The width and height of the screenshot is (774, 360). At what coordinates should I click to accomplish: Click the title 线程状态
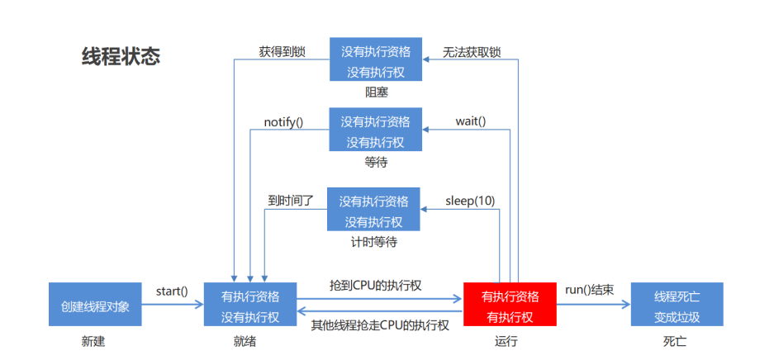tap(121, 57)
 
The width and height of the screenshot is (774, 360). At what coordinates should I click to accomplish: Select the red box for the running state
tap(510, 306)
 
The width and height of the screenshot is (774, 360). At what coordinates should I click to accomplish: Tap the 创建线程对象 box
tap(95, 305)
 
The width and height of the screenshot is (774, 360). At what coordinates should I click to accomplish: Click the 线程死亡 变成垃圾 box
tap(677, 305)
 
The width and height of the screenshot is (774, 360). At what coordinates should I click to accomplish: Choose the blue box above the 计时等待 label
tap(374, 211)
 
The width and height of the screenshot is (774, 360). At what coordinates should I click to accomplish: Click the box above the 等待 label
tap(376, 130)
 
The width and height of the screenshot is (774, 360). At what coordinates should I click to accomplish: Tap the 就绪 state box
tap(250, 306)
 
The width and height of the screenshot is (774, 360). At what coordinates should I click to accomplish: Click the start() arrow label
tap(172, 291)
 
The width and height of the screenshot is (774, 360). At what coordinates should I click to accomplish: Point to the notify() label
tap(283, 122)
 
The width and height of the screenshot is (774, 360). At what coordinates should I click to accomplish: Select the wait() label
tap(470, 121)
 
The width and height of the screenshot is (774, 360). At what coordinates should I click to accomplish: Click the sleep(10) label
tap(470, 201)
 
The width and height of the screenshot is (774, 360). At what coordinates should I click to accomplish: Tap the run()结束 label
tap(589, 290)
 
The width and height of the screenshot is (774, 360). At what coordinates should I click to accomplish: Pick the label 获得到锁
tap(282, 51)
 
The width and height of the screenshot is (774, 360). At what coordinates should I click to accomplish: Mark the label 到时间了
tap(291, 201)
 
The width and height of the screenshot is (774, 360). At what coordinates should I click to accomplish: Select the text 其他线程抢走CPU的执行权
tap(380, 325)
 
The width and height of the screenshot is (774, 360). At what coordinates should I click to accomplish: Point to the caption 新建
tap(93, 341)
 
